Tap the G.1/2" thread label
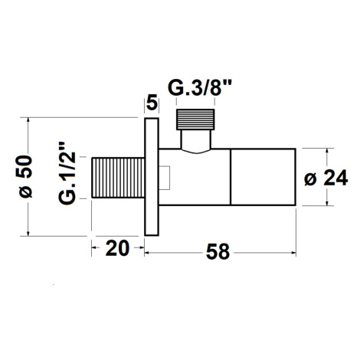pos(67,174)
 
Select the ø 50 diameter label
pos(25,177)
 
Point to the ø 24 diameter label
pos(326,178)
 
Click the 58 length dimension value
pos(218,252)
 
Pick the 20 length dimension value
pos(117,248)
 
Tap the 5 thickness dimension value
pos(152,103)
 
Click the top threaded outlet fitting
pos(195,119)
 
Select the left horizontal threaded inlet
pos(118,178)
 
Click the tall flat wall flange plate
pos(152,177)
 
